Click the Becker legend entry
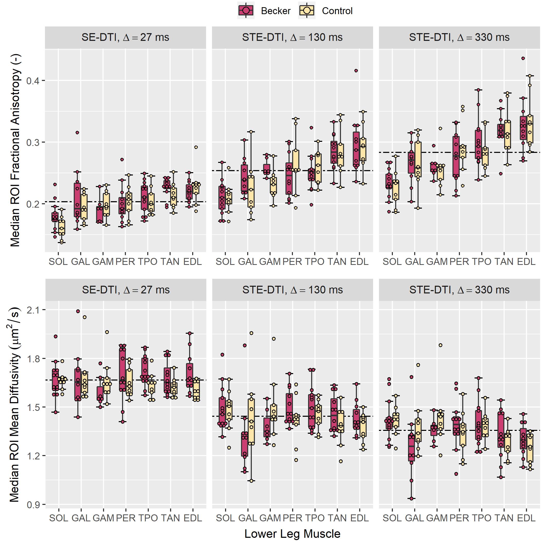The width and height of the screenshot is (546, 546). coord(264,11)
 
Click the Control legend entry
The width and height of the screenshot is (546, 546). coord(326,11)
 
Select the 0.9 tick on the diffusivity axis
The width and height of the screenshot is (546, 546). coord(33,504)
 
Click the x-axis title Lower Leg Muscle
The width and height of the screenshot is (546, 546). coord(292,534)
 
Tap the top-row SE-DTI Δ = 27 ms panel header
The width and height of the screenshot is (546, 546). coord(125,37)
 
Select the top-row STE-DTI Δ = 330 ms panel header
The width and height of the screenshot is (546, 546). coord(459,37)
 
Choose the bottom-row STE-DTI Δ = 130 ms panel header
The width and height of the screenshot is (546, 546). coord(292,290)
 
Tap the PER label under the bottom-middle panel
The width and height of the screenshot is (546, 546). coord(292,518)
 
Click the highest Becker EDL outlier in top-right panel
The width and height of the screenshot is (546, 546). coord(523,59)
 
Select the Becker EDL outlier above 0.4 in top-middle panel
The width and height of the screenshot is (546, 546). coord(356,71)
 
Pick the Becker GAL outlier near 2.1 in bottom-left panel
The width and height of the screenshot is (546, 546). coord(78,311)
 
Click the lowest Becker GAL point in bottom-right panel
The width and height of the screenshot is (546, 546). coord(411,498)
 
